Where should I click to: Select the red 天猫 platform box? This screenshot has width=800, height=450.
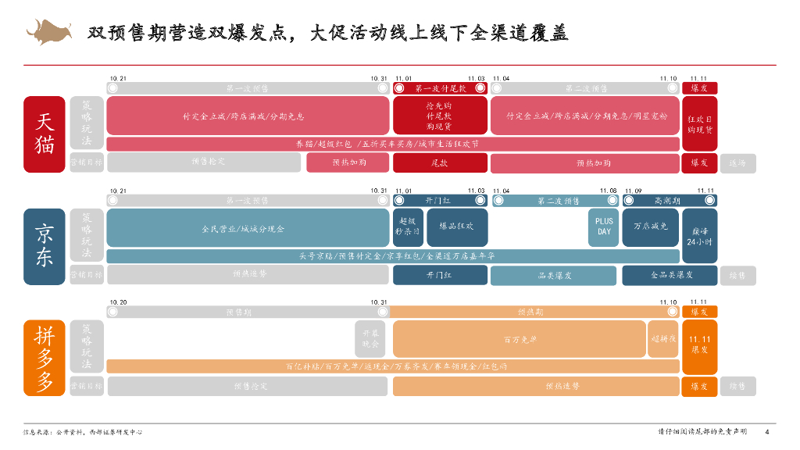click(44, 134)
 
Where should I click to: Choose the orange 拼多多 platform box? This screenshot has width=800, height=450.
click(44, 358)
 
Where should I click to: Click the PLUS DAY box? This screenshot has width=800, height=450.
click(604, 227)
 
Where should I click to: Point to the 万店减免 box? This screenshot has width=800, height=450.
click(650, 227)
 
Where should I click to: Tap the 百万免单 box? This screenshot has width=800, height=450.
click(520, 339)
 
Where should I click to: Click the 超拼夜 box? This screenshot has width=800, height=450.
click(663, 339)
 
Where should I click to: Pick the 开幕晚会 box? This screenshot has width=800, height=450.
click(370, 338)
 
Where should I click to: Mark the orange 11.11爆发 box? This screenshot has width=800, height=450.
click(699, 344)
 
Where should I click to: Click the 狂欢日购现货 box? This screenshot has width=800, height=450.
click(699, 124)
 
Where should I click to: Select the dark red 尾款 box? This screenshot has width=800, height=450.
click(440, 162)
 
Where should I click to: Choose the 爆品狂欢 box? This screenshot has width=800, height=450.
click(456, 227)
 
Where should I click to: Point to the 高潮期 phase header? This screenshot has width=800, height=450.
click(670, 201)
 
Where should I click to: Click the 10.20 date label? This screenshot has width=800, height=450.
click(119, 302)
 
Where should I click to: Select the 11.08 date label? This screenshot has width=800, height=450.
click(608, 191)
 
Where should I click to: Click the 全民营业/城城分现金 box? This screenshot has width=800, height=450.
click(248, 228)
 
